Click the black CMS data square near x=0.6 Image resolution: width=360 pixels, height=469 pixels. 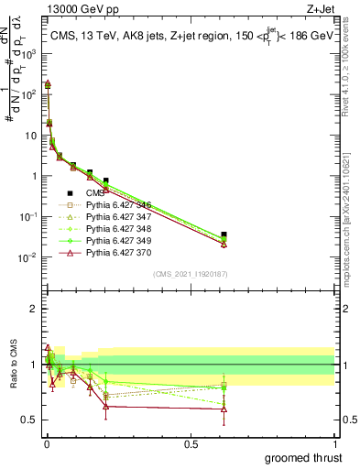coord(224,234)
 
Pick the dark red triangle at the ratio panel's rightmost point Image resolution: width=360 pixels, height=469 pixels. coord(224,409)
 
